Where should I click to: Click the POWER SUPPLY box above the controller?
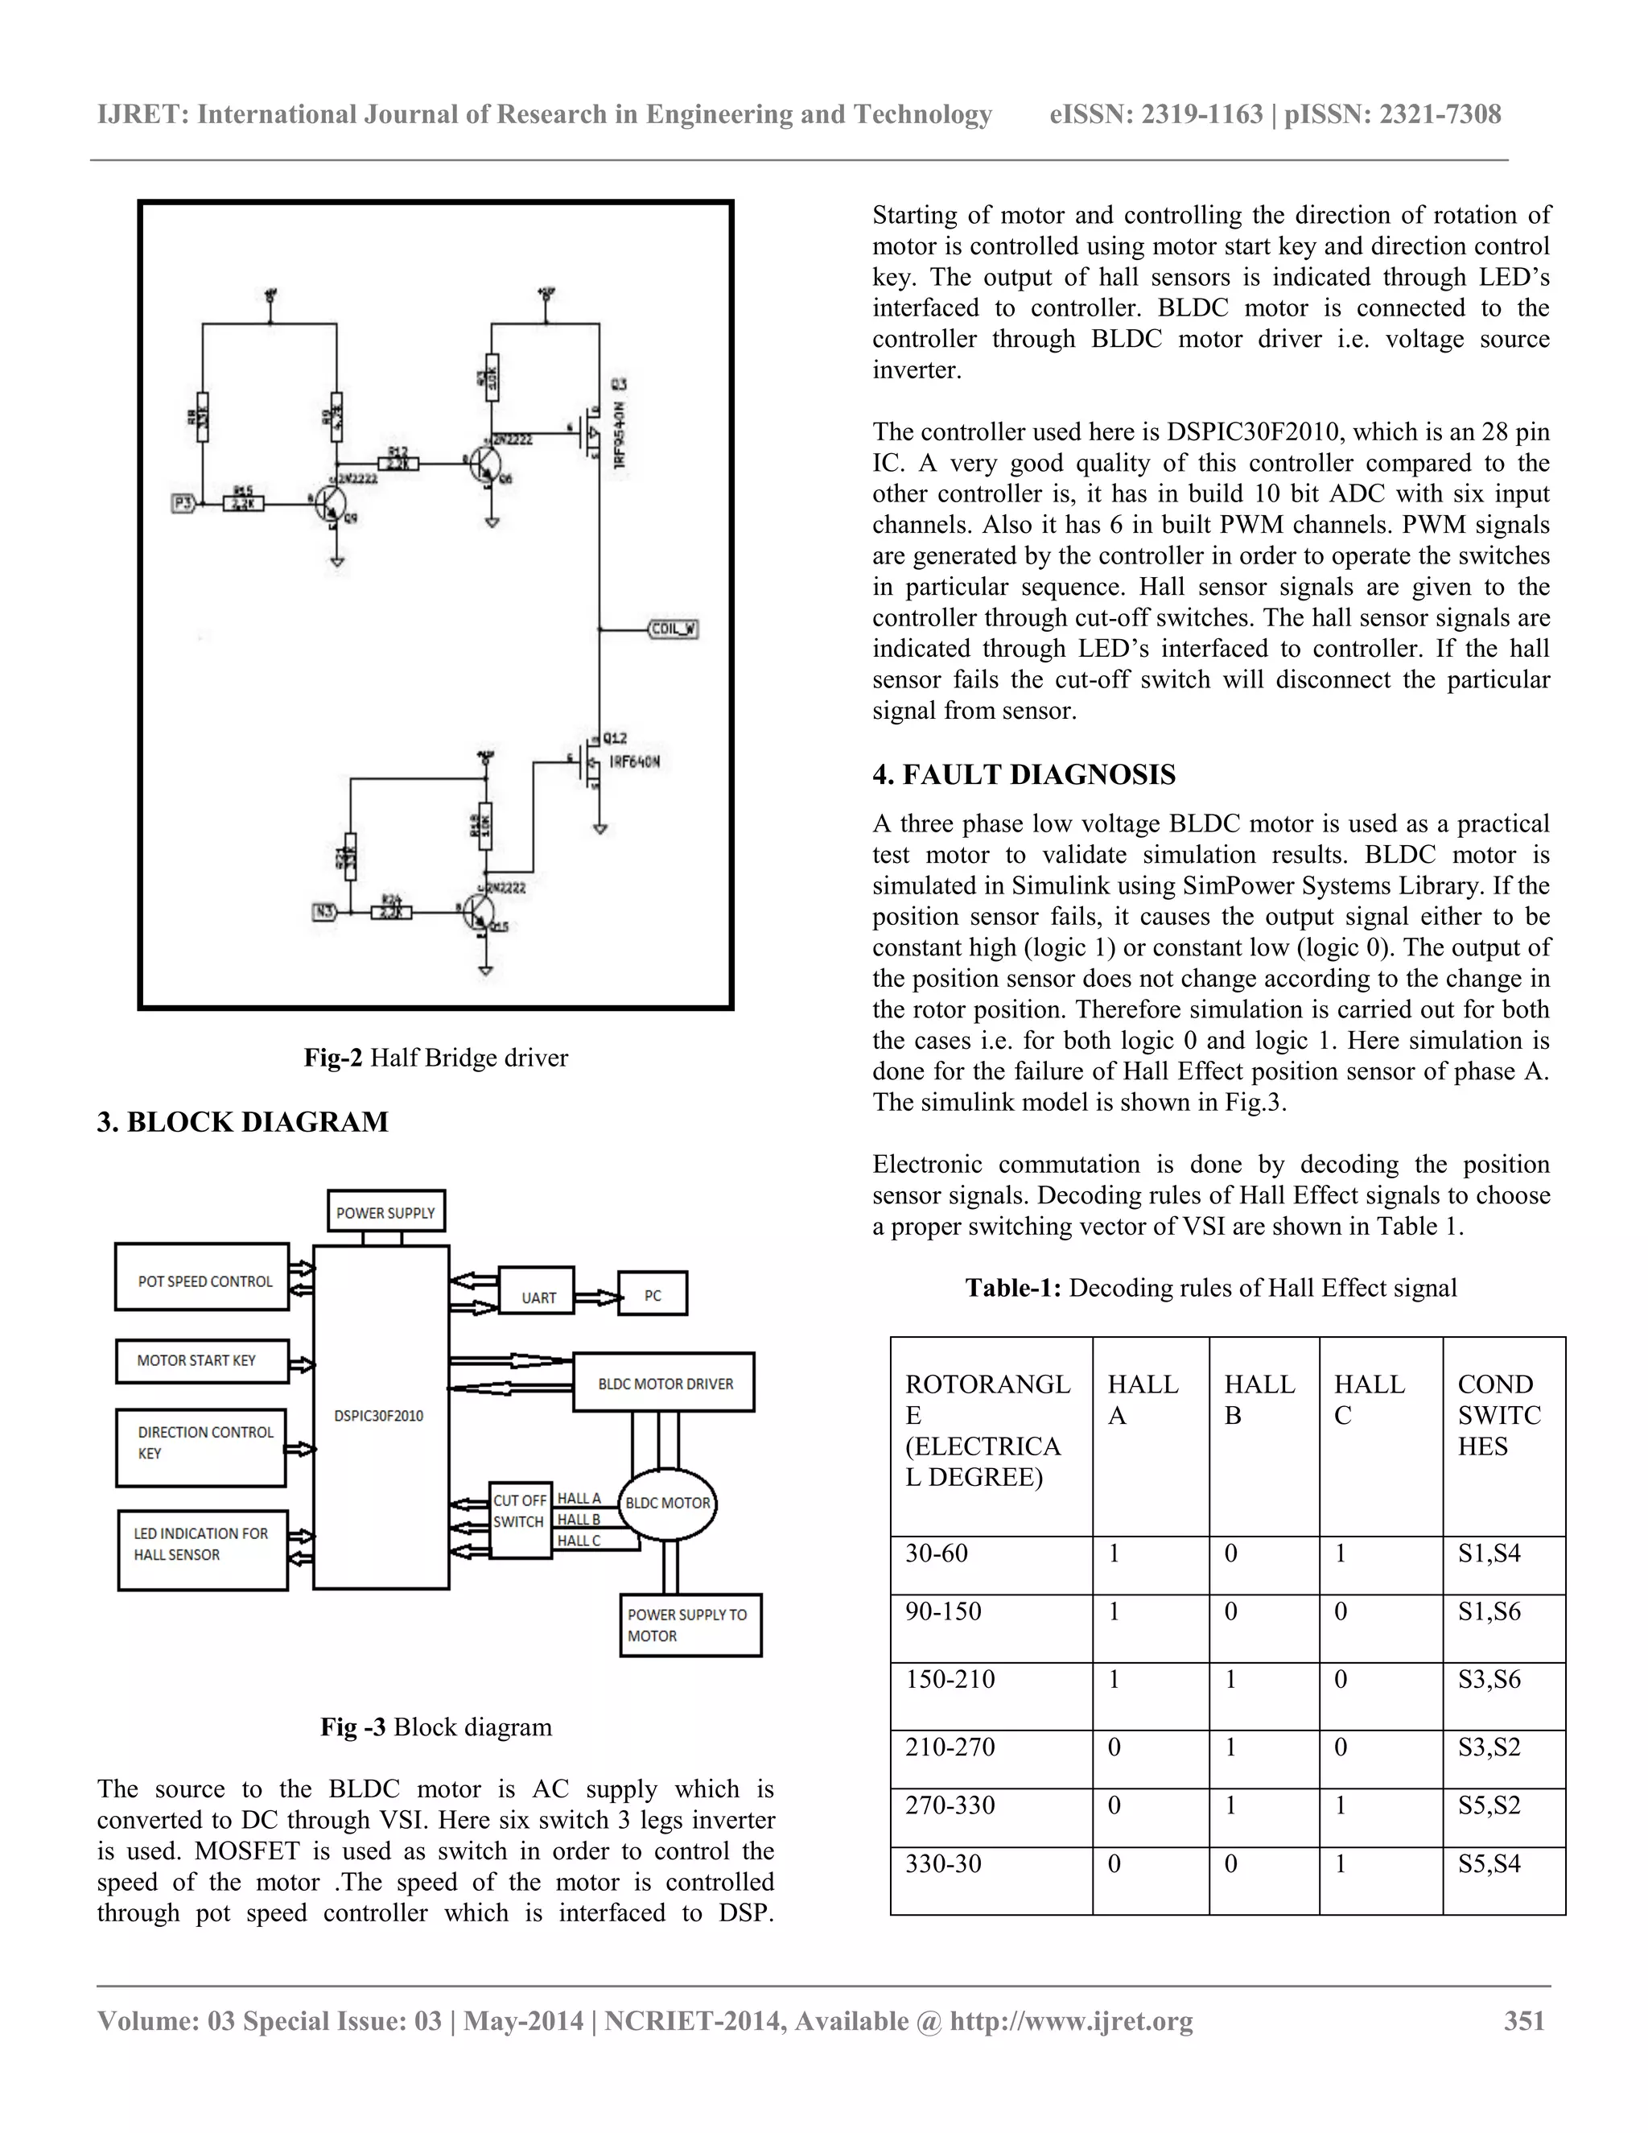(385, 1212)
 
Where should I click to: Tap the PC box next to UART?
(652, 1295)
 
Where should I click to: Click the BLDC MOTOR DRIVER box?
(664, 1383)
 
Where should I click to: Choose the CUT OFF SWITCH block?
(519, 1511)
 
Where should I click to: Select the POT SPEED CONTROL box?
(203, 1281)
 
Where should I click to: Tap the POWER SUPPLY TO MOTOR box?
(690, 1625)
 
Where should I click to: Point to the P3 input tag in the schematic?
(183, 504)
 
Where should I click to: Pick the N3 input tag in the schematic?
(324, 912)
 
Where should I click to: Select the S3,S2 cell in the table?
(1489, 1747)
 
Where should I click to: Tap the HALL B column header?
(1259, 1400)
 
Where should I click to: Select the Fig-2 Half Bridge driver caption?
(435, 1058)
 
